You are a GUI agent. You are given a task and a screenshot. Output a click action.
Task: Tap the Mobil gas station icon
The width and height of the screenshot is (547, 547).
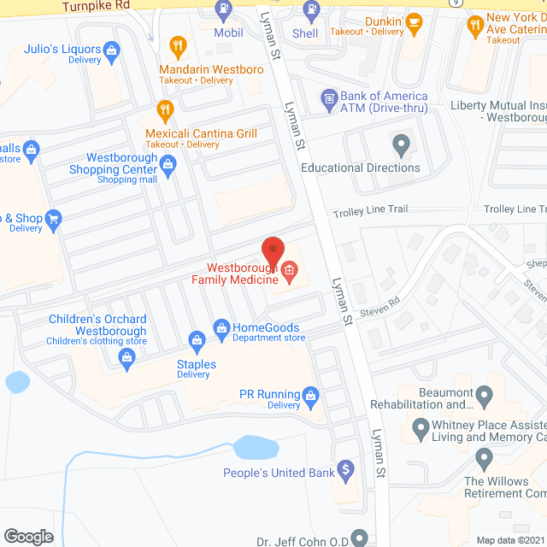(223, 11)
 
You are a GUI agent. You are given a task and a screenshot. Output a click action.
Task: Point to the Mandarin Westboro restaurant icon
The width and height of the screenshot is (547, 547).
(178, 46)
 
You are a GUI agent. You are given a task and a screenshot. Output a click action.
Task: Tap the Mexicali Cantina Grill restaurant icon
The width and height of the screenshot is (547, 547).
(165, 110)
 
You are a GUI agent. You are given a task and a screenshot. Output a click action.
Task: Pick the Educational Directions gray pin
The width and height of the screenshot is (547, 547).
(400, 144)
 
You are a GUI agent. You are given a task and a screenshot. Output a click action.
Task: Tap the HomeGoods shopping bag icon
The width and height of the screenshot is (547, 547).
(221, 327)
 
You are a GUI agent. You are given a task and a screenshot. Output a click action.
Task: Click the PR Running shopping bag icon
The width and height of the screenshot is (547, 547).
(310, 394)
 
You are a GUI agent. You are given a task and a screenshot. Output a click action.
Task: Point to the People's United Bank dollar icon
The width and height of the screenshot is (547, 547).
(345, 469)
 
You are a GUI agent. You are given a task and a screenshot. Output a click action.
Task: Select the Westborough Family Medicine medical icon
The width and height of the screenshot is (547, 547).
(289, 273)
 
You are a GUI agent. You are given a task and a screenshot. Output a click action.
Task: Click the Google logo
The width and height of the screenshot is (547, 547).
(28, 536)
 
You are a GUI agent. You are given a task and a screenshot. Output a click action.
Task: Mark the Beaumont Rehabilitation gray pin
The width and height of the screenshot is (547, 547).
(485, 397)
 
